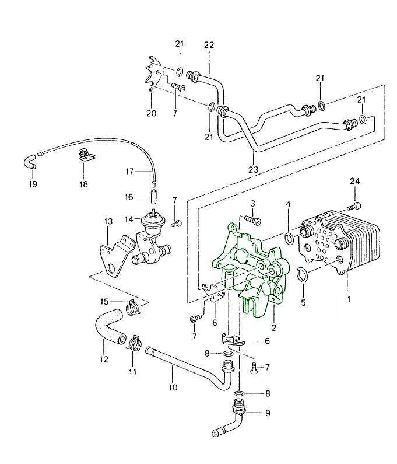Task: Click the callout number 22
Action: [209, 45]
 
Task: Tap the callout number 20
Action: [151, 113]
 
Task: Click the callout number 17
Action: [130, 172]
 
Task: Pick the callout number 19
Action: [33, 184]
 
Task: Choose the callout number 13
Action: [108, 222]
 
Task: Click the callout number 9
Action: [268, 413]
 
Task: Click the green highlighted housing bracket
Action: [251, 268]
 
